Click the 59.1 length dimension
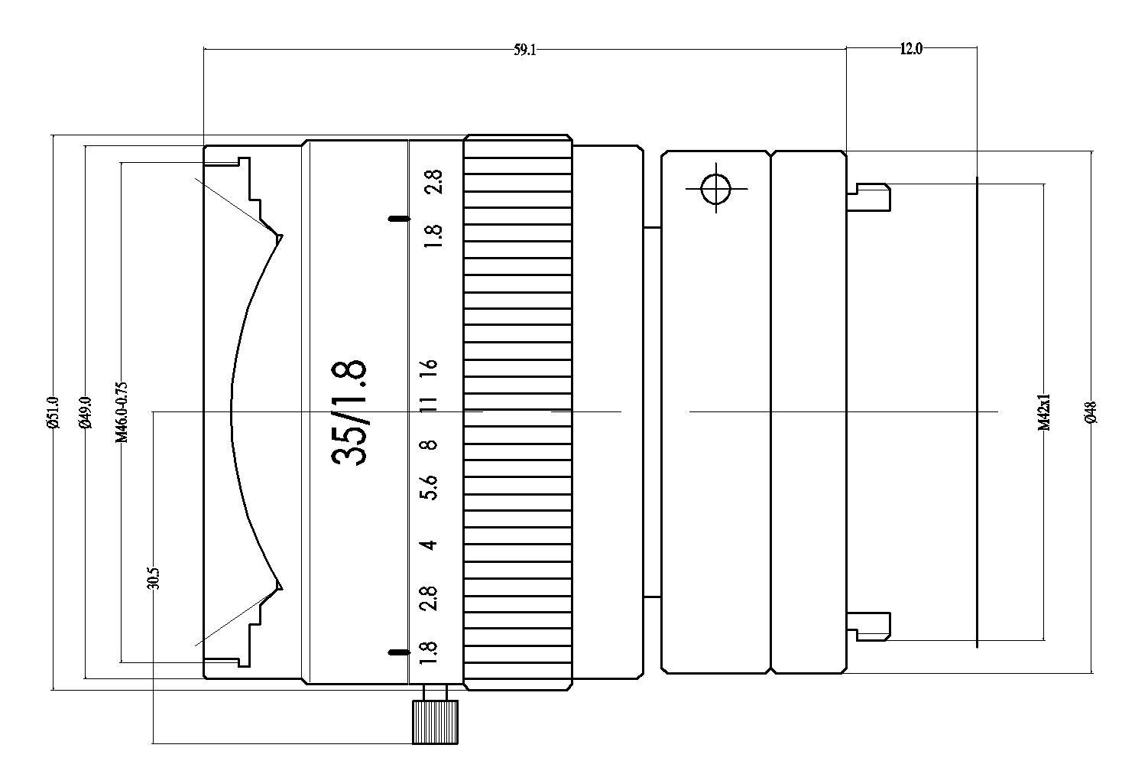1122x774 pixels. [x=525, y=50]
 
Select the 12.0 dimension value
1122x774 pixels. [x=910, y=49]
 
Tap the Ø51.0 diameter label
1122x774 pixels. [x=54, y=412]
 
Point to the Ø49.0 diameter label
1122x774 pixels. [x=86, y=412]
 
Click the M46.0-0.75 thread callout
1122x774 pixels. [x=122, y=412]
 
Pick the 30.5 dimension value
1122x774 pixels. [x=154, y=578]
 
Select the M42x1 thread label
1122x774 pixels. [x=1044, y=412]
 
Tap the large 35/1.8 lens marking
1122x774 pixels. [x=349, y=412]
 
